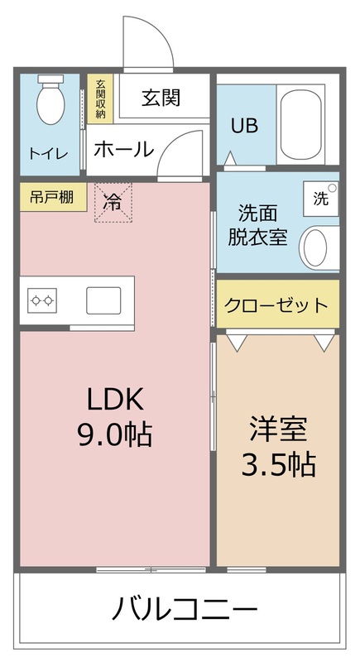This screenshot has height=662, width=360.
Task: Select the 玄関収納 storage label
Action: (x=100, y=98)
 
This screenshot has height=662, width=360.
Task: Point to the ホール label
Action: (x=123, y=150)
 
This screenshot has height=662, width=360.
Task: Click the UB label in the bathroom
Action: (x=244, y=126)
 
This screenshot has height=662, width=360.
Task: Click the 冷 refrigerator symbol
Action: (x=113, y=201)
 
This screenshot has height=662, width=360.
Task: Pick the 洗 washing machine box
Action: (x=320, y=199)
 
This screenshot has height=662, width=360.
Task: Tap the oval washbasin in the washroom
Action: (x=315, y=246)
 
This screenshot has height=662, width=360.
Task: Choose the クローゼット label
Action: (x=276, y=305)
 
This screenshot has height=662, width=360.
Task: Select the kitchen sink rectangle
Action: (x=103, y=299)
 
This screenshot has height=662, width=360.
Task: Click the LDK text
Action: (x=116, y=401)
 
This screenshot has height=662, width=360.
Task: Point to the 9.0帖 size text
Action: (x=116, y=434)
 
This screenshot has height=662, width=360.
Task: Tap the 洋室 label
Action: (x=278, y=430)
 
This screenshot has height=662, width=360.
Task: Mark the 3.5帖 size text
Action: (x=278, y=465)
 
